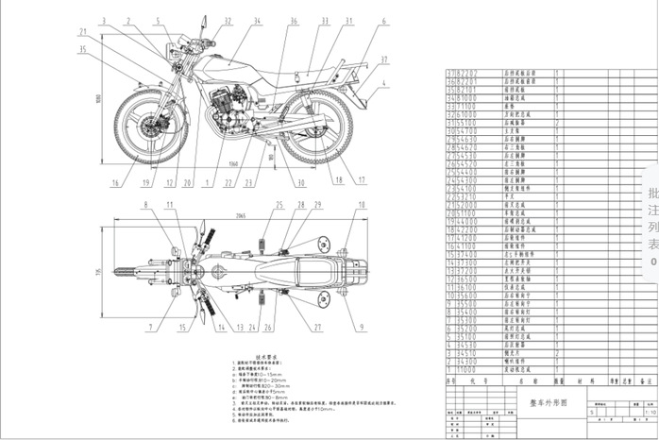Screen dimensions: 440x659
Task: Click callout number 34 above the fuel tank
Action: point(256,21)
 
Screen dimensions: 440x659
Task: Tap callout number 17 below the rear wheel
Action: point(362,179)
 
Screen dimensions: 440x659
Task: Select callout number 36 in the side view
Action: point(294,21)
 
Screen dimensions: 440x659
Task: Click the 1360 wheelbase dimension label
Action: point(232,161)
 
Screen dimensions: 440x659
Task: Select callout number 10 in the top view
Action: point(362,206)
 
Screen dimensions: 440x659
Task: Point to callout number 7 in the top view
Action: point(149,329)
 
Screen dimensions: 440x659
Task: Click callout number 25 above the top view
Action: point(279,205)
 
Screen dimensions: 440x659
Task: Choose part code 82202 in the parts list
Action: point(468,72)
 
